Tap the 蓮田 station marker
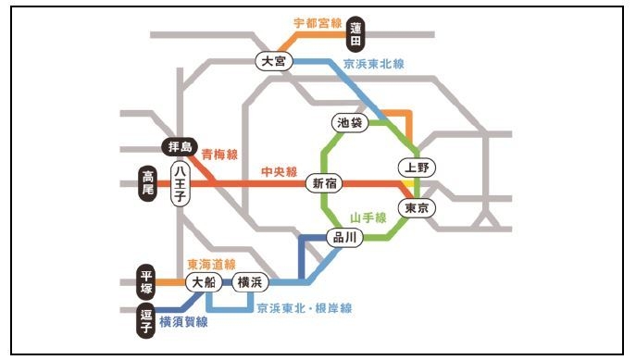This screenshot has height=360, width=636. click(x=356, y=34)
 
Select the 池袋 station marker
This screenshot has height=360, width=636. click(x=348, y=123)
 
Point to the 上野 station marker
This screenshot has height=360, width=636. click(x=414, y=168)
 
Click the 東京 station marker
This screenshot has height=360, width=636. click(x=418, y=207)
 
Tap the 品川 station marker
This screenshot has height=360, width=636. click(x=344, y=237)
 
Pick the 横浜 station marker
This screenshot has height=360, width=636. click(x=249, y=281)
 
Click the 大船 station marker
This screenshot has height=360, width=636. click(x=203, y=281)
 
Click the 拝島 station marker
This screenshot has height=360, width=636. click(x=179, y=146)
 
